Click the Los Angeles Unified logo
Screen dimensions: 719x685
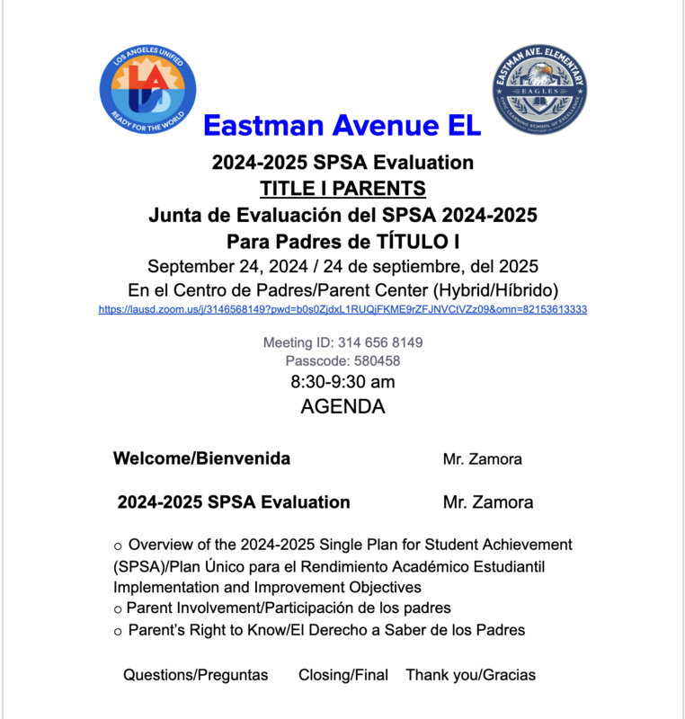pyautogui.click(x=141, y=92)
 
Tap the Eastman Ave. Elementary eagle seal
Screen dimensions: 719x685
pyautogui.click(x=539, y=92)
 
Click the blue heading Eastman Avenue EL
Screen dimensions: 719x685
pyautogui.click(x=342, y=125)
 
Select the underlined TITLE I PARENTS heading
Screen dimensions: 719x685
pyautogui.click(x=342, y=190)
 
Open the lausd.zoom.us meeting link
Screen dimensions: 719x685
pyautogui.click(x=342, y=309)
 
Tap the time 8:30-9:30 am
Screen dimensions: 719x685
pyautogui.click(x=342, y=382)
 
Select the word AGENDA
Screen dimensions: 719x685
pyautogui.click(x=342, y=406)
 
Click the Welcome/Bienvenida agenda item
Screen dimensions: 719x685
pyautogui.click(x=201, y=458)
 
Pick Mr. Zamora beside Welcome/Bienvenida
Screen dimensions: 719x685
pyautogui.click(x=482, y=459)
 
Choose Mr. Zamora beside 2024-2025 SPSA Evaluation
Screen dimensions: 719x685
pyautogui.click(x=487, y=502)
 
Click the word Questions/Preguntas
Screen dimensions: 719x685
pyautogui.click(x=196, y=675)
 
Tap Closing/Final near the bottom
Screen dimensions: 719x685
pyautogui.click(x=343, y=675)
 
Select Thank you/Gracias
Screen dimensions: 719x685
pyautogui.click(x=470, y=675)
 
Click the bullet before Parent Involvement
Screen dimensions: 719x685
pyautogui.click(x=118, y=609)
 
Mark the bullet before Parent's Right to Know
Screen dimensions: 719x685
pyautogui.click(x=118, y=632)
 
